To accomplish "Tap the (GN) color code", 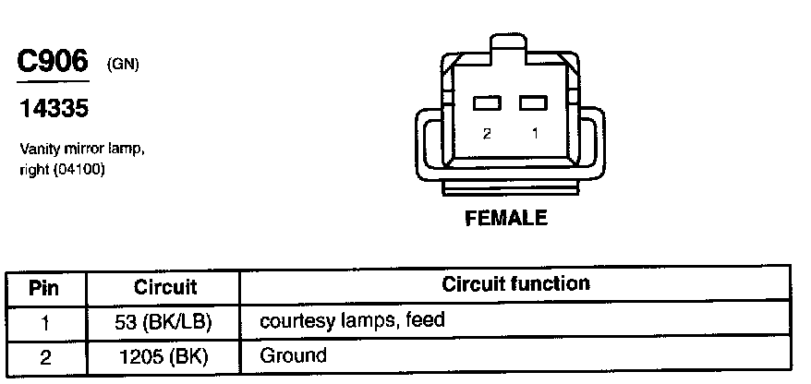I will click(x=122, y=65).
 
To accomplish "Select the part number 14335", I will click(x=53, y=109).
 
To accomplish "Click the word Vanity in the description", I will click(x=39, y=148).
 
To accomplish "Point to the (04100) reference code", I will click(x=79, y=169).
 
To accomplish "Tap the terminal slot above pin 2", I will click(x=487, y=103).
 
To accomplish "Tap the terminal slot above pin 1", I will click(x=533, y=103).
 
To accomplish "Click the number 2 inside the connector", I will click(x=487, y=133).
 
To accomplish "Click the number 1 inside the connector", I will click(x=533, y=133).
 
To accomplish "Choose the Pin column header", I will click(x=45, y=287).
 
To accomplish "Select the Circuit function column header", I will click(x=514, y=284).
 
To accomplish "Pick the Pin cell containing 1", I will click(x=45, y=322).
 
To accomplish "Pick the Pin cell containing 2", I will click(x=45, y=355).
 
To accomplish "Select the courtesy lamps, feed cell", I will click(x=352, y=321).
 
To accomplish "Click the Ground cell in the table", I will click(x=293, y=355).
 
